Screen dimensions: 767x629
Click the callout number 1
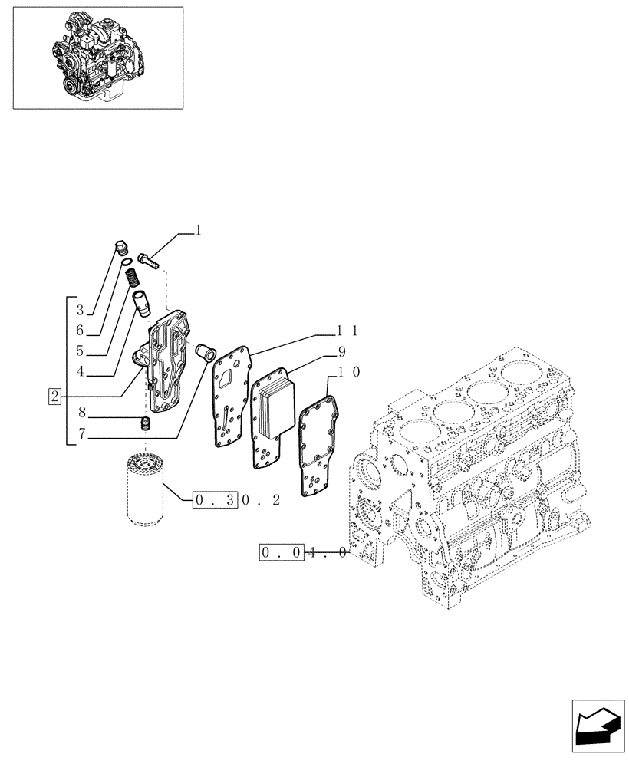click(x=198, y=229)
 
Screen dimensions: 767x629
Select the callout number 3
click(x=79, y=311)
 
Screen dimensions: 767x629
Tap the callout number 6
click(x=79, y=331)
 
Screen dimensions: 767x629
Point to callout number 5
click(x=79, y=352)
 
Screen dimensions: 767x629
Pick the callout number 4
click(x=79, y=374)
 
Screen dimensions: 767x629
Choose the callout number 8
click(x=79, y=420)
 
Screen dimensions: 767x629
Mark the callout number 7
click(x=79, y=438)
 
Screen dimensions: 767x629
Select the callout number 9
click(x=341, y=352)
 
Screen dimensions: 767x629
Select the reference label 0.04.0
click(x=304, y=551)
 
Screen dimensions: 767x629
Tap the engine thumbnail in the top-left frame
click(x=97, y=58)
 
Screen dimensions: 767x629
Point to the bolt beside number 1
click(x=150, y=260)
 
